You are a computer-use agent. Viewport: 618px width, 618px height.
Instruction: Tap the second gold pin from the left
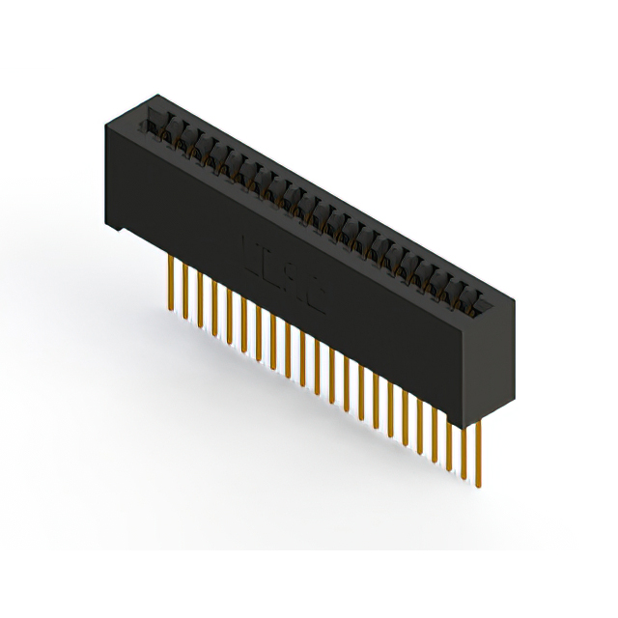point(185,290)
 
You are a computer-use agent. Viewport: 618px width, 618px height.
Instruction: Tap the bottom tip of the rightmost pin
point(476,486)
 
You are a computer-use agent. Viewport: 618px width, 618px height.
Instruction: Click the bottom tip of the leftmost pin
point(171,310)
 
